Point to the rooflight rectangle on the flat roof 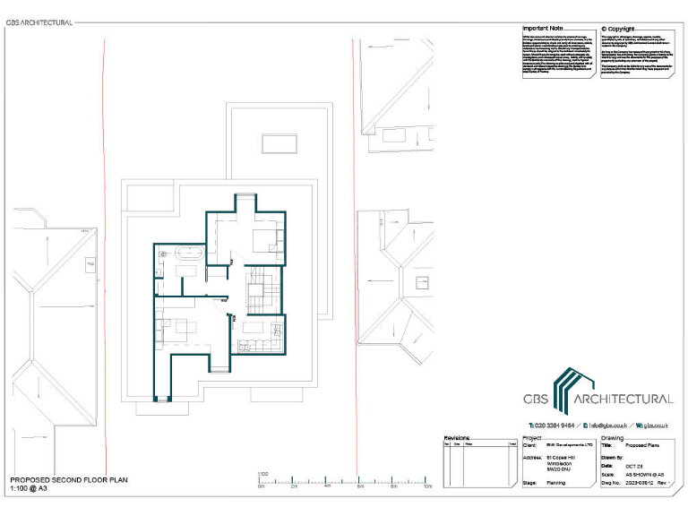pos(279,142)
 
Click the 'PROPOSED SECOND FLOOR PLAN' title pos(69,481)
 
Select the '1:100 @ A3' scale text pos(30,490)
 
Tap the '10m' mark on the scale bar pos(428,487)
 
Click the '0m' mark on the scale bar pos(261,487)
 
